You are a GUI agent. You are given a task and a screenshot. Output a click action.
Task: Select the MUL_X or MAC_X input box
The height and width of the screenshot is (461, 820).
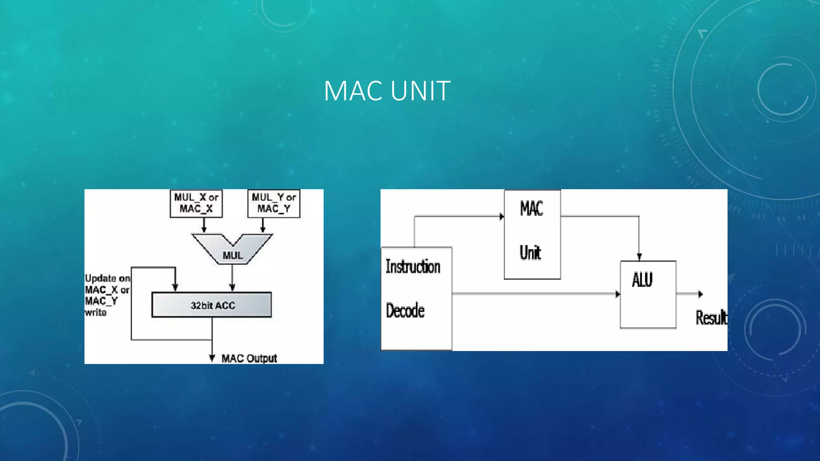[x=196, y=203]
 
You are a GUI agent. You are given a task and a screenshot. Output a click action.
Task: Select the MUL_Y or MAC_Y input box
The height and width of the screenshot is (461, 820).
[x=274, y=203]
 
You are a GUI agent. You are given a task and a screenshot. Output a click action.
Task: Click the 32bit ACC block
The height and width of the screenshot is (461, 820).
[x=211, y=305]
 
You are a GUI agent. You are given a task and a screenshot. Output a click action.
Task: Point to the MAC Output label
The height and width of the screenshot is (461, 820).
[x=249, y=358]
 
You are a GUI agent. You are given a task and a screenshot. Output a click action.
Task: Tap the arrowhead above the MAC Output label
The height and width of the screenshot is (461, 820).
[x=212, y=358]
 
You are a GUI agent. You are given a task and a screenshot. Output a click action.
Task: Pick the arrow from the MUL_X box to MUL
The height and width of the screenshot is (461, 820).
[x=204, y=226]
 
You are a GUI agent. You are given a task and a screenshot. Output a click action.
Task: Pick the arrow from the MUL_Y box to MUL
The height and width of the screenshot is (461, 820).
[x=263, y=226]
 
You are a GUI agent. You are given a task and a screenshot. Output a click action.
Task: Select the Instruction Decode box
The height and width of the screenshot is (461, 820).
[x=416, y=299]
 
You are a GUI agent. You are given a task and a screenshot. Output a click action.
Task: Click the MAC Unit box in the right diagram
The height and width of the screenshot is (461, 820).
[x=532, y=235]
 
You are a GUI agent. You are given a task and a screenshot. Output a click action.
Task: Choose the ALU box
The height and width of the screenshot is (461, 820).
[x=648, y=295]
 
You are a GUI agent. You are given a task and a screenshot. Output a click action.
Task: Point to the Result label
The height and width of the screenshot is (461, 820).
[x=711, y=318]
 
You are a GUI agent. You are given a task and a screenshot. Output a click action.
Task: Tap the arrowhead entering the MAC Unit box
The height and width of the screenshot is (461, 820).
[x=501, y=216]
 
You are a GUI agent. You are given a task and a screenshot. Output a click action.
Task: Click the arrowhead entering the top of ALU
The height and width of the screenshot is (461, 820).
[x=639, y=257]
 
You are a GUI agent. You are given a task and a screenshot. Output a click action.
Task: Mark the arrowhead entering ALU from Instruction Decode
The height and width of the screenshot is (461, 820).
[x=617, y=294]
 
